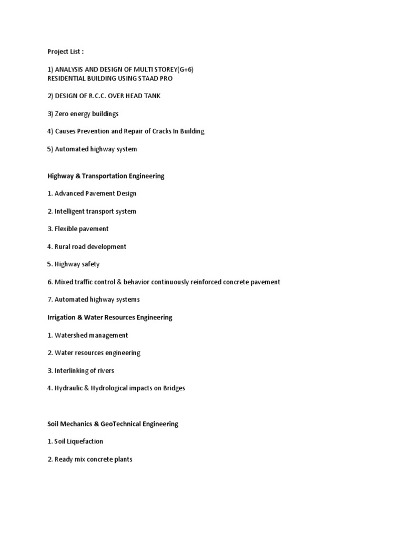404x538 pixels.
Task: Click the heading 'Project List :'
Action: (x=65, y=51)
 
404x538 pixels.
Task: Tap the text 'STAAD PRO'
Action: (x=157, y=78)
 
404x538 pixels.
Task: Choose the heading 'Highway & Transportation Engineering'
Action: (x=106, y=176)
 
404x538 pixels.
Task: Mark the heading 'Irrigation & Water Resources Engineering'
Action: (x=109, y=317)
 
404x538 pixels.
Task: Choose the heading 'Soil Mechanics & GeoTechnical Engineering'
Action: (x=113, y=423)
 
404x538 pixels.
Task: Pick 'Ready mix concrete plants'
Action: (x=93, y=459)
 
